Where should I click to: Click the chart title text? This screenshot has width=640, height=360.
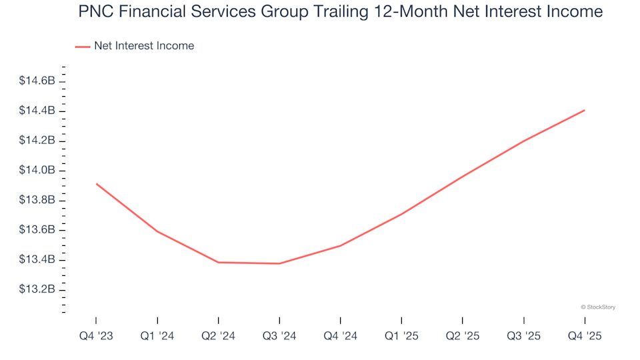click(x=340, y=12)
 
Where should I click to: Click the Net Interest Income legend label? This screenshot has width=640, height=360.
click(x=144, y=46)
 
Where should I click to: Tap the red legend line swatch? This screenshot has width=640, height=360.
click(x=83, y=47)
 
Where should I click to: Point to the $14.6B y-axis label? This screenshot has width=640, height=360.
click(x=37, y=81)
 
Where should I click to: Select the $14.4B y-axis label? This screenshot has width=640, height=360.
click(x=37, y=111)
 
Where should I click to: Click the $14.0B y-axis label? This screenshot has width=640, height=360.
click(x=37, y=171)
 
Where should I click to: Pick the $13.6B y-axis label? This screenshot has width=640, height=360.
click(x=37, y=230)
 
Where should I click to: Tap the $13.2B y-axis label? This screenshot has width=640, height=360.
click(x=37, y=289)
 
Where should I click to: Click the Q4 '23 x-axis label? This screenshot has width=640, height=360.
click(x=95, y=337)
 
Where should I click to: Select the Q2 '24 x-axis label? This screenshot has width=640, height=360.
click(x=218, y=337)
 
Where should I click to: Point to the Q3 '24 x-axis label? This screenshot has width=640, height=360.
click(x=279, y=337)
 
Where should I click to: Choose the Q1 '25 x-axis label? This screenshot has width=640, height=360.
click(x=401, y=337)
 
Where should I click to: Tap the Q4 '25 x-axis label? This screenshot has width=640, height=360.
click(x=585, y=337)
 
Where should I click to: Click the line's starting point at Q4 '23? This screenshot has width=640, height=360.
click(x=96, y=184)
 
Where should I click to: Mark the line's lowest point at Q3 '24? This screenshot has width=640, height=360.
click(x=279, y=263)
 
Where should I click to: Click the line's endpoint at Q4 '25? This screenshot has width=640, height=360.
click(x=585, y=110)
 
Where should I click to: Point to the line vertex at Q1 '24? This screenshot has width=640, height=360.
click(x=157, y=231)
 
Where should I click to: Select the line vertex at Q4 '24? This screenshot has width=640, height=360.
click(x=340, y=246)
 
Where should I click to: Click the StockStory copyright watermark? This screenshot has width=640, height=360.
click(x=598, y=307)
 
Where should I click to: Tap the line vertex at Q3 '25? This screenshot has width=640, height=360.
click(x=524, y=141)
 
